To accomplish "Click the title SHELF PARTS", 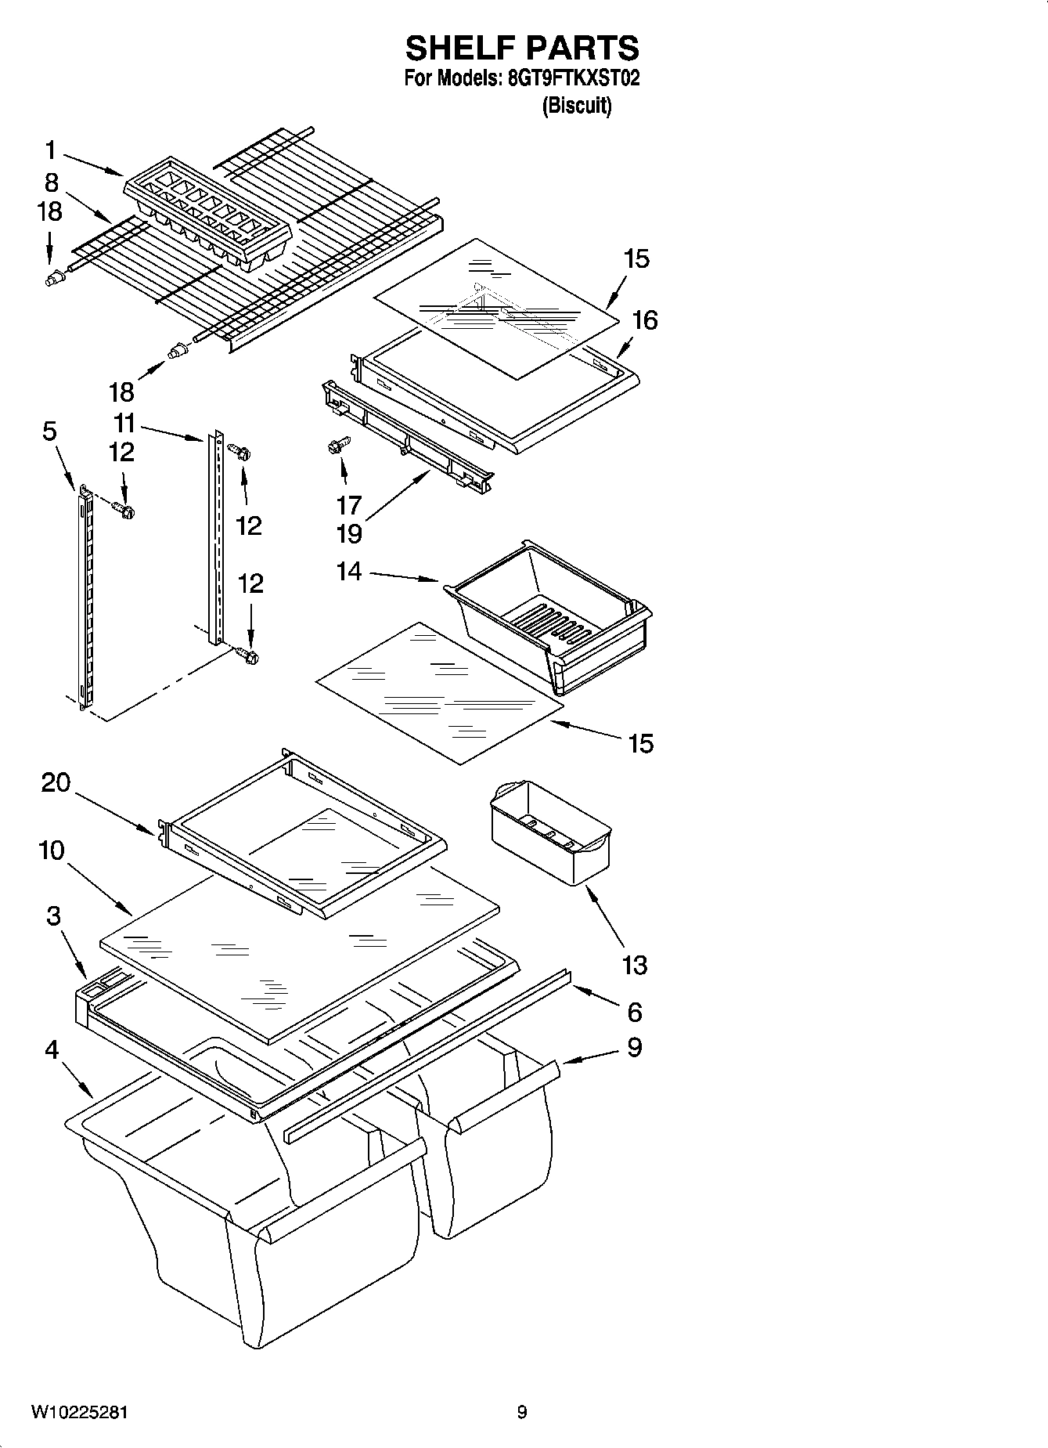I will [522, 49].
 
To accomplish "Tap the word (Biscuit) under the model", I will [577, 106].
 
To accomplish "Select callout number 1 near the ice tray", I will [50, 150].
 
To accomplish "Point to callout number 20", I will [56, 782].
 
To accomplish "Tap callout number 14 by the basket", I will [349, 572].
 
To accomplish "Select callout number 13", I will [634, 965].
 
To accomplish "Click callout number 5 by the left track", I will [49, 431].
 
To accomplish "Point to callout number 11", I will [124, 424].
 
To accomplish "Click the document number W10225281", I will [80, 1413].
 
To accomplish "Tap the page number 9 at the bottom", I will [522, 1413].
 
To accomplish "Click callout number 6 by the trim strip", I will [635, 1012].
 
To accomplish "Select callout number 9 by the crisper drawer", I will [635, 1047].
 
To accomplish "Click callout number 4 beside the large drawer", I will [52, 1049].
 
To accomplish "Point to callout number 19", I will [349, 534].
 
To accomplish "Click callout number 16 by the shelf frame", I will [645, 320].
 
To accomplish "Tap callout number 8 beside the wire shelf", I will [52, 182].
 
